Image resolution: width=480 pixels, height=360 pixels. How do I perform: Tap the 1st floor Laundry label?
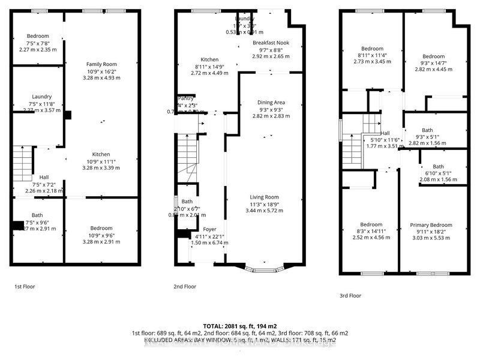click(x=42, y=97)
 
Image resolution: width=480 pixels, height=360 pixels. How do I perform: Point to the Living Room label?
click(x=264, y=197)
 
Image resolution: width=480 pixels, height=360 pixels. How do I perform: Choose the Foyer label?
click(x=209, y=229)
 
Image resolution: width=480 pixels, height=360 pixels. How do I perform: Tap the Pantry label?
click(x=185, y=98)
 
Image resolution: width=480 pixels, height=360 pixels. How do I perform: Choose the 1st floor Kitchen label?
click(x=100, y=154)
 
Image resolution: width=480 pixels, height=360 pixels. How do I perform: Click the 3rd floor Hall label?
click(x=385, y=133)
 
